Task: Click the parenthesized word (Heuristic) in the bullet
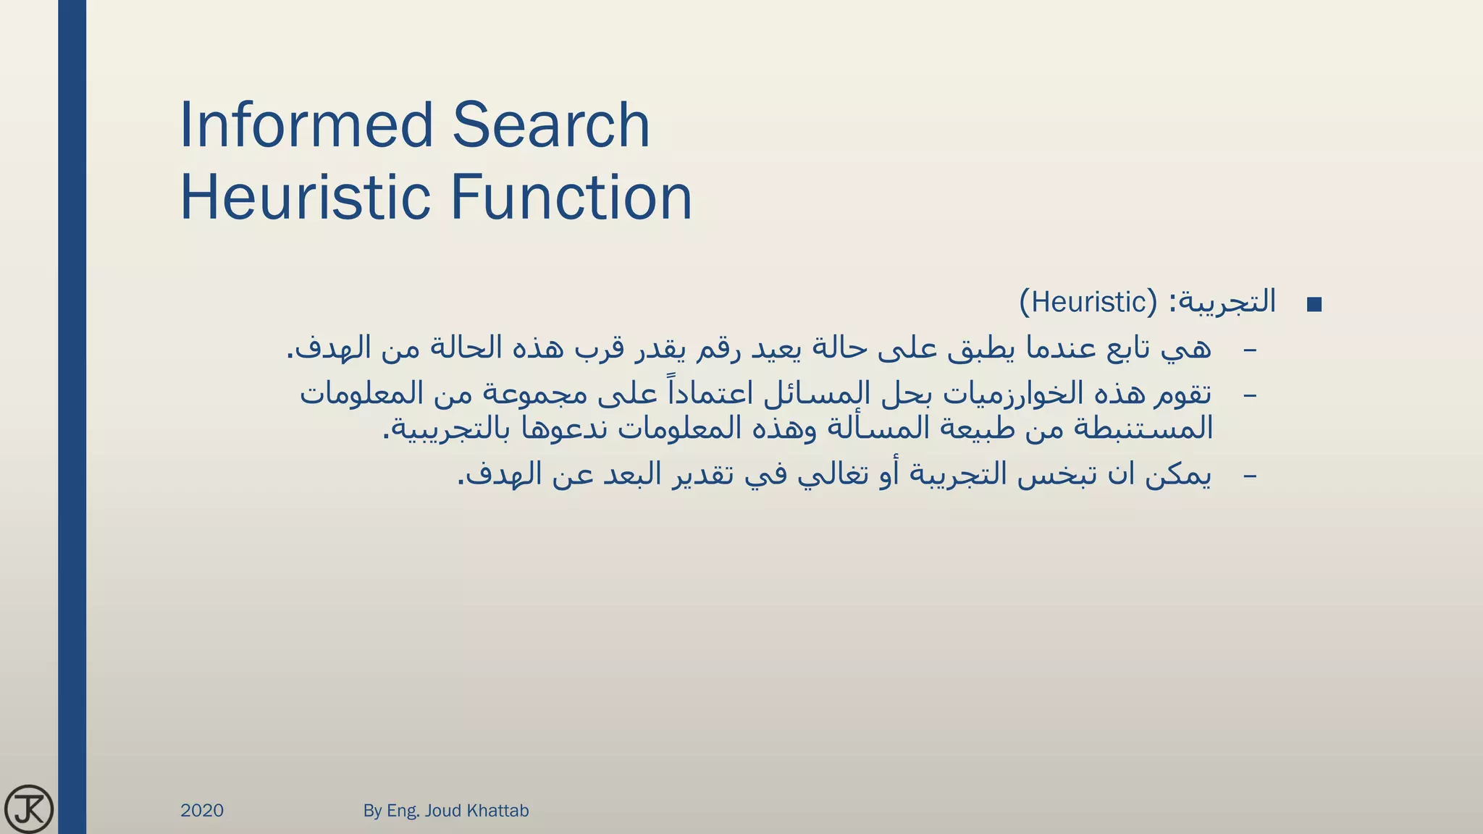point(1088,302)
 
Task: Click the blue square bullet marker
point(1314,305)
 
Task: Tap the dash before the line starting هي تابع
point(1250,350)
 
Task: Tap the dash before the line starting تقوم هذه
point(1250,395)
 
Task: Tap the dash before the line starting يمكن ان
point(1250,476)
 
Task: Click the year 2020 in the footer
point(202,810)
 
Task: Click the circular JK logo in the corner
point(29,809)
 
